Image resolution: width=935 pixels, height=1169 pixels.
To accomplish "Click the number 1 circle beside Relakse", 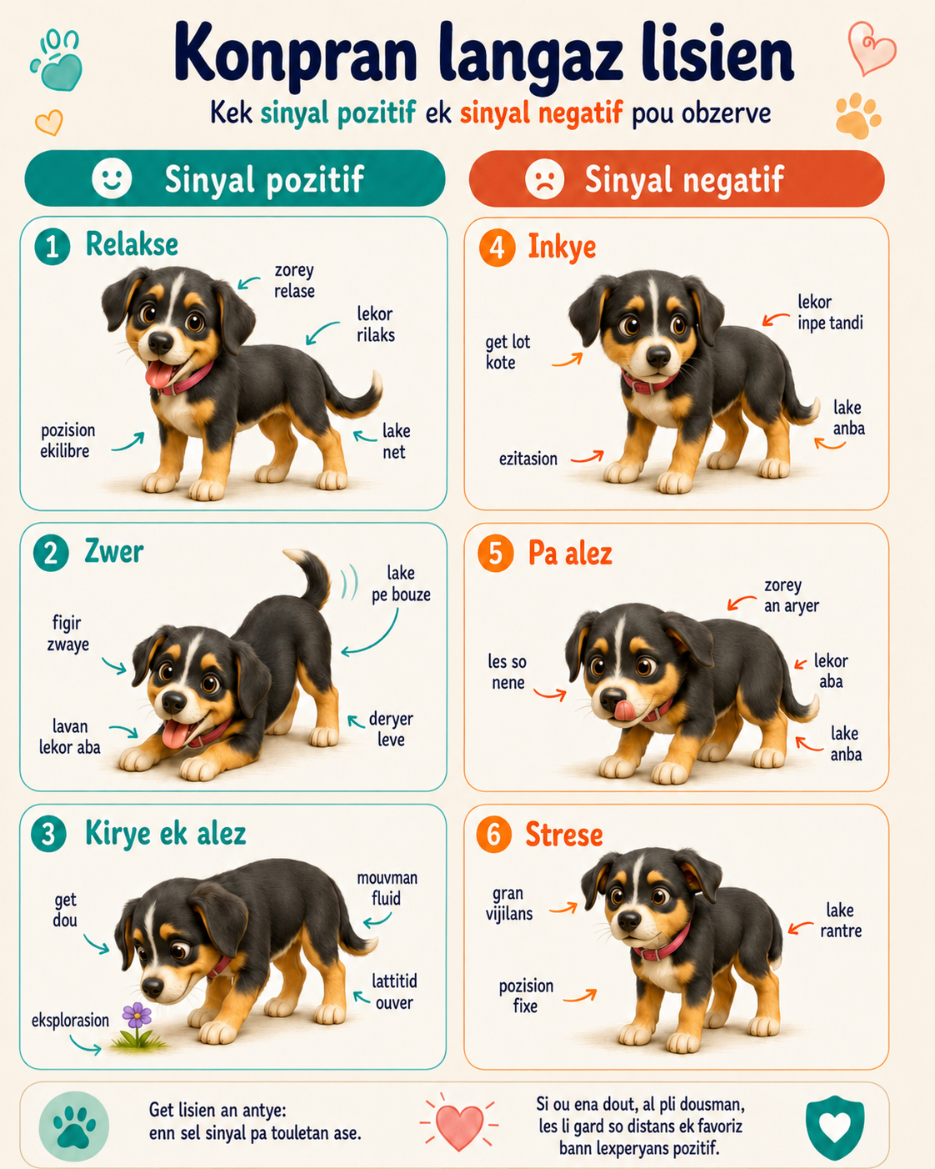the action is pyautogui.click(x=52, y=247).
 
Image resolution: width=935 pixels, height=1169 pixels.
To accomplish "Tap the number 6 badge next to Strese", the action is pyautogui.click(x=493, y=835).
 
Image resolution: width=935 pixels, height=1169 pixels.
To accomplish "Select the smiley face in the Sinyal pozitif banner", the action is pyautogui.click(x=112, y=178).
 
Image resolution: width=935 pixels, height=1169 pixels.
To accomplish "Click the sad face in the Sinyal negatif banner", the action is pyautogui.click(x=545, y=178).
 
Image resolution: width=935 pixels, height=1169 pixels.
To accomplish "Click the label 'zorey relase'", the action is pyautogui.click(x=294, y=281).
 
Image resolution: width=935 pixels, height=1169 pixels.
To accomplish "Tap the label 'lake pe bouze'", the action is pyautogui.click(x=402, y=584).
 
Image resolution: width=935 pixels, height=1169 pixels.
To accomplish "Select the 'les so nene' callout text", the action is pyautogui.click(x=507, y=671).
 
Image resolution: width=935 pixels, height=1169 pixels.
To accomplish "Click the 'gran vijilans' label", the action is pyautogui.click(x=509, y=903).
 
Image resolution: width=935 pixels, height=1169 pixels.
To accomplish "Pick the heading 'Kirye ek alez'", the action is pyautogui.click(x=166, y=833).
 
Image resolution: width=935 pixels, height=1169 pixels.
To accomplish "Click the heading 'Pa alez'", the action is pyautogui.click(x=570, y=554).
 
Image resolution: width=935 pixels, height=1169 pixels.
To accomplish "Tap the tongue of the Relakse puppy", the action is pyautogui.click(x=159, y=374).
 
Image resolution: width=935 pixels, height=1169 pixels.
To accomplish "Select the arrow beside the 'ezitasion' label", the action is pyautogui.click(x=587, y=457).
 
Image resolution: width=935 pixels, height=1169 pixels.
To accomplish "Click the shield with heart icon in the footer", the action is pyautogui.click(x=835, y=1126).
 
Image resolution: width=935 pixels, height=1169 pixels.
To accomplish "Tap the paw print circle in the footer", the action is pyautogui.click(x=74, y=1126).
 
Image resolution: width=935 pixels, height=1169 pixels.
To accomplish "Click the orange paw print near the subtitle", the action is pyautogui.click(x=857, y=116).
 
